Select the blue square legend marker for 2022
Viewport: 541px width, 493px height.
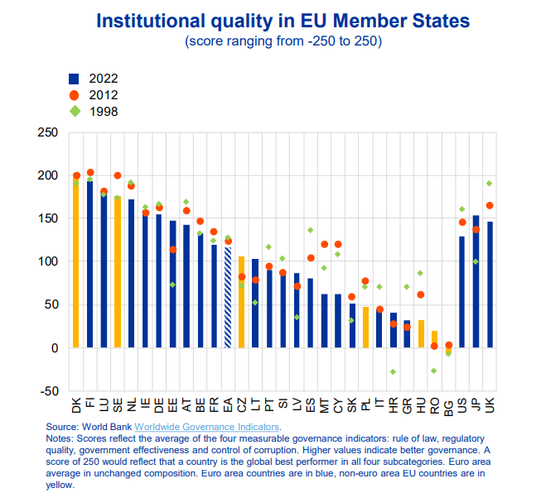[74, 79]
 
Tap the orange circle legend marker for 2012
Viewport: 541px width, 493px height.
[74, 94]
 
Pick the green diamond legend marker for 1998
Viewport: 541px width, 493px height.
[74, 110]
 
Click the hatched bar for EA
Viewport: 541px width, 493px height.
[228, 298]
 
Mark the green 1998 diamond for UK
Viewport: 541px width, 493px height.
[490, 183]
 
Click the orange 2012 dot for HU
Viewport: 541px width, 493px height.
[421, 294]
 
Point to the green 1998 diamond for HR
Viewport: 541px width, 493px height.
[394, 371]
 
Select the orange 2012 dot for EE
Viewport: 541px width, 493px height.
[172, 249]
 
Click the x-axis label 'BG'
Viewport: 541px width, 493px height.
[448, 404]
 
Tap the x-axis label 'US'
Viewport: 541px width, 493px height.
[462, 404]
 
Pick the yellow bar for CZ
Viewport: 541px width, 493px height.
[241, 302]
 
